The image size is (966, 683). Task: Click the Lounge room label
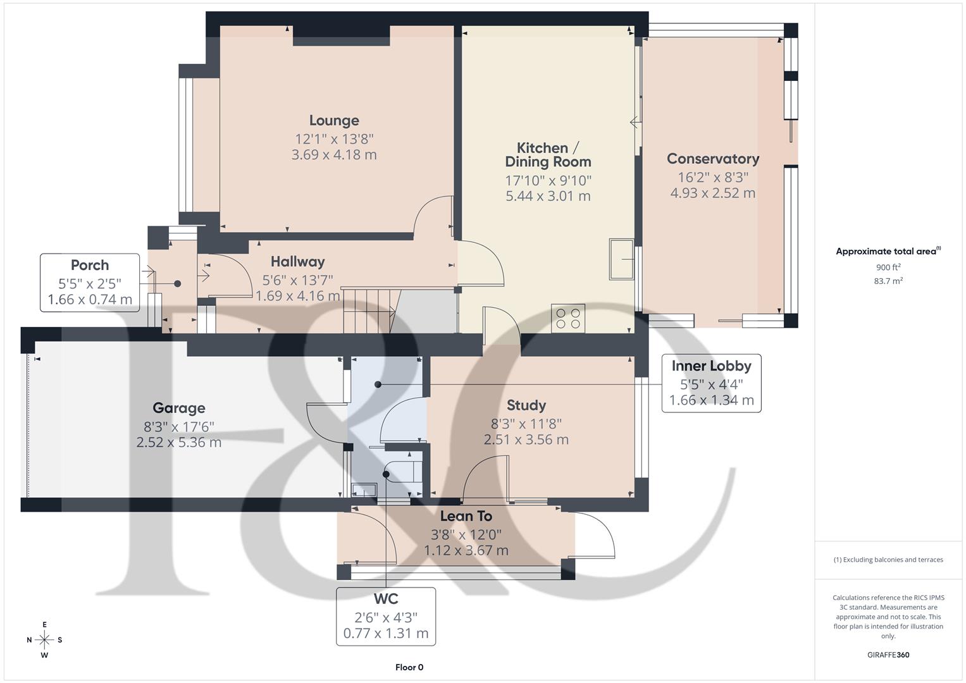(334, 120)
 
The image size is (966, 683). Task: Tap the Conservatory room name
(712, 159)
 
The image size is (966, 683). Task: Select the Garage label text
(178, 408)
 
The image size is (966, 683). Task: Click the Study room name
(526, 405)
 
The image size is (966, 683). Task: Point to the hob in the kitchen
(567, 317)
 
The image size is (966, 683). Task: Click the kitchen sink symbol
(621, 259)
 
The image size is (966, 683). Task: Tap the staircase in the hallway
(371, 311)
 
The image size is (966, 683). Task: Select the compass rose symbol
(44, 639)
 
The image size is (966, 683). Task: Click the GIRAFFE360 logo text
(888, 655)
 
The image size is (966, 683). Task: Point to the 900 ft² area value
(888, 267)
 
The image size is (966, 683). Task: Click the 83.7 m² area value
(888, 281)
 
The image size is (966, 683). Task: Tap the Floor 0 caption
(409, 667)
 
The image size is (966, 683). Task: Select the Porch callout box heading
(90, 265)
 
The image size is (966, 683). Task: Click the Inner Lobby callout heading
(711, 366)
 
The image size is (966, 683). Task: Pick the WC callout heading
(385, 598)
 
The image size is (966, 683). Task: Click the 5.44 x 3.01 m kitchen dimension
(548, 196)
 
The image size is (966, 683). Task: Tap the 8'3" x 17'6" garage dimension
(179, 426)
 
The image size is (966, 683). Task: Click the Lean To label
(466, 516)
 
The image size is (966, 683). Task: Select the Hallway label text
(297, 261)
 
